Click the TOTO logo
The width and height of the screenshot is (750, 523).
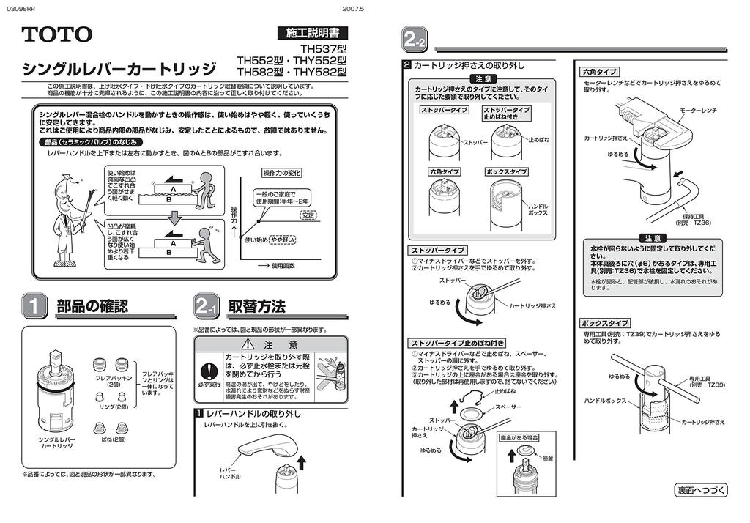(56, 34)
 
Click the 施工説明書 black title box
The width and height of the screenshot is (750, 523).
(312, 33)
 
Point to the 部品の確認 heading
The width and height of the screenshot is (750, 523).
(92, 306)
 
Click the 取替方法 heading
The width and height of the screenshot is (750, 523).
(256, 306)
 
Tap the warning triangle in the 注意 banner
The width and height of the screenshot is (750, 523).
(248, 344)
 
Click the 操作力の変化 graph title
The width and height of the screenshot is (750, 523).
(282, 173)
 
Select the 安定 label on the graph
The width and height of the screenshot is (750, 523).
(308, 215)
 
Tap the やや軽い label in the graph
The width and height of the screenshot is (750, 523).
(283, 240)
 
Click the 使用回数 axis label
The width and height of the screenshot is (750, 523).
(283, 266)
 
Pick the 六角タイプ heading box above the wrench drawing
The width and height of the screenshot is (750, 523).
(599, 72)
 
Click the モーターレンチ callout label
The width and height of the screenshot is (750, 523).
(698, 110)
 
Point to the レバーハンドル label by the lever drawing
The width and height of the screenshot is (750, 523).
(230, 473)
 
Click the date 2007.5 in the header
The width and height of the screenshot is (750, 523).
(353, 8)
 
